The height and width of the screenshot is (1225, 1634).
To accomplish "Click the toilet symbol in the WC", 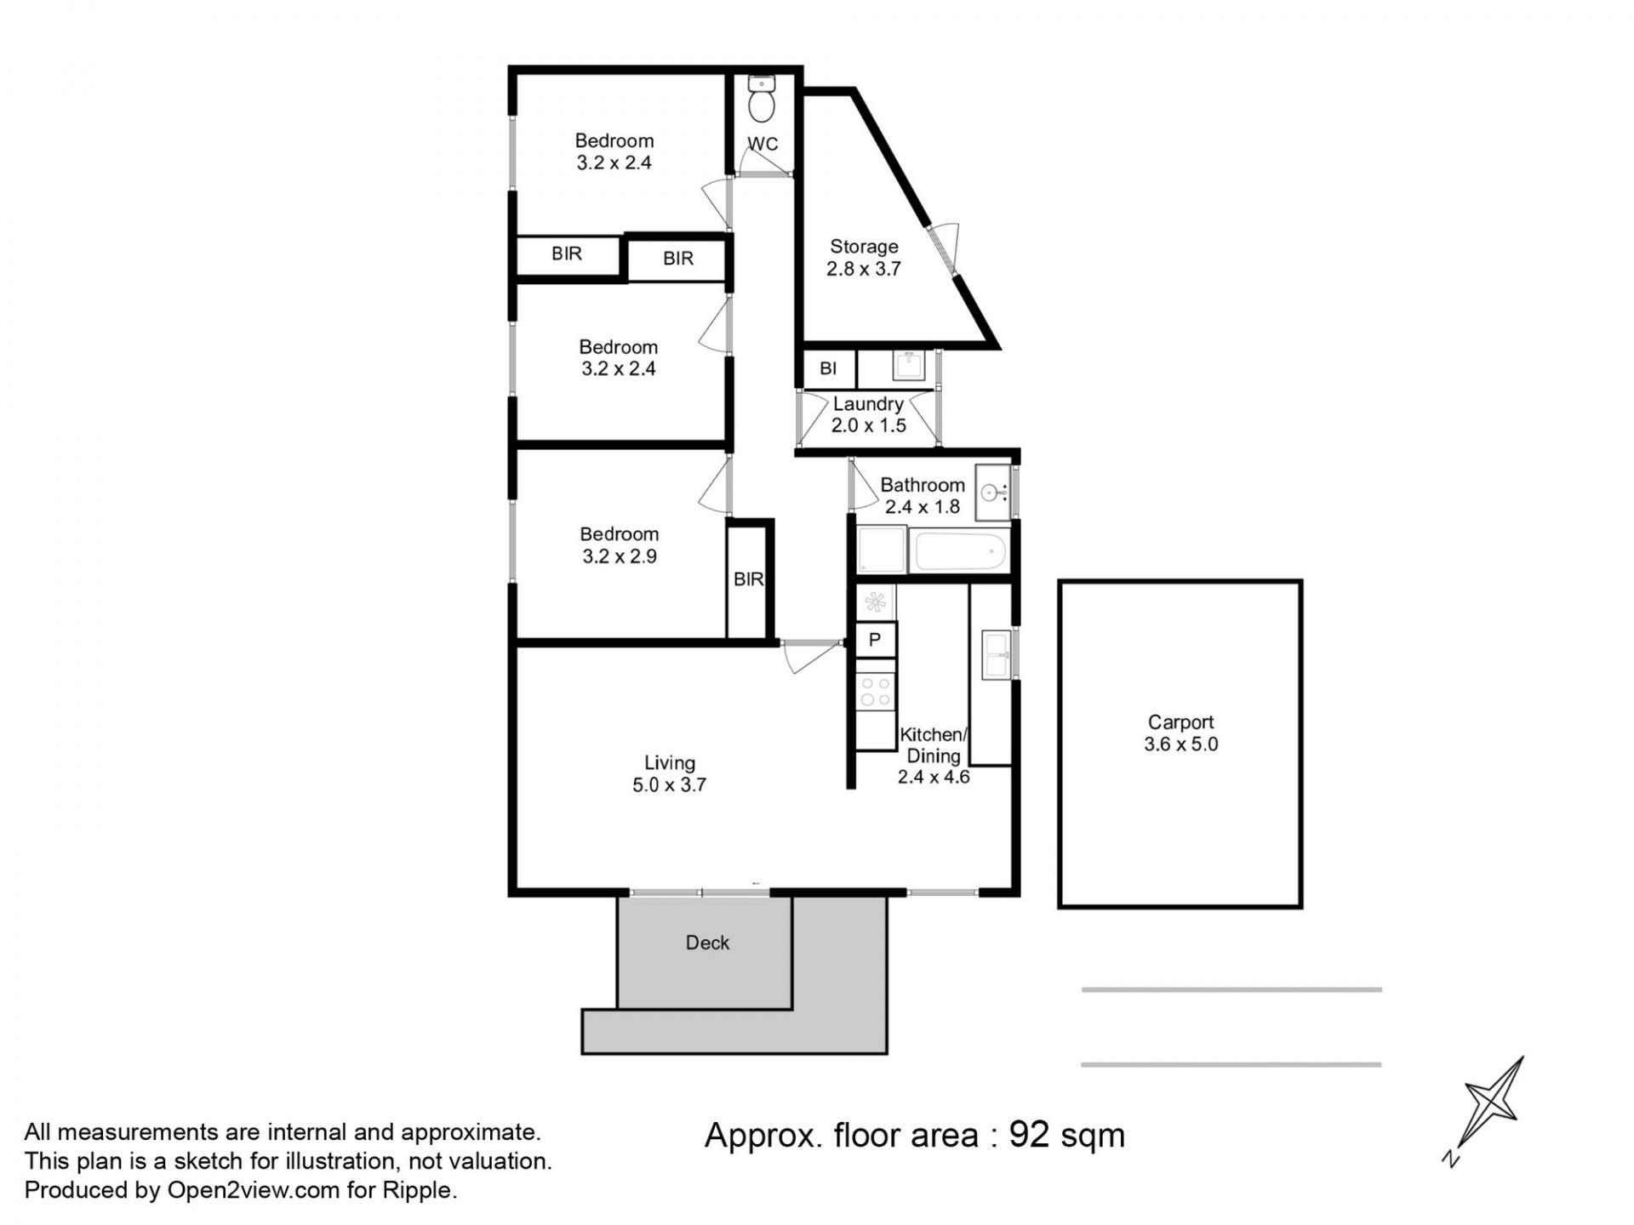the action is [x=761, y=99].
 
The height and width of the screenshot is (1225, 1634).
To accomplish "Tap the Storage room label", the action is [x=864, y=258].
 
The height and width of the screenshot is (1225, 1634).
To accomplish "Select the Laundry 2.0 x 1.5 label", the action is [x=868, y=414].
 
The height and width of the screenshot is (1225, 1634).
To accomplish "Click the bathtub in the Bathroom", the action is [x=959, y=550].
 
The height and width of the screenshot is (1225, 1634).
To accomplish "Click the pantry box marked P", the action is [x=875, y=640].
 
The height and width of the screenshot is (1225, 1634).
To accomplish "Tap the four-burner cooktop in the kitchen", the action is [x=875, y=690].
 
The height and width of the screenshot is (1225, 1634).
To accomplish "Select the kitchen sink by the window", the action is [x=996, y=654].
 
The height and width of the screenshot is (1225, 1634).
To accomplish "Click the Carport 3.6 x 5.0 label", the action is [x=1180, y=733].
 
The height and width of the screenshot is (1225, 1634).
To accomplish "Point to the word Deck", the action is [x=707, y=943].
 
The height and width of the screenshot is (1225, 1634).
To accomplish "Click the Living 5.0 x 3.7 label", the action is [x=669, y=774].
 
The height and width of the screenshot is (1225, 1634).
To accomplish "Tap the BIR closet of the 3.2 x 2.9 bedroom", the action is [x=749, y=579].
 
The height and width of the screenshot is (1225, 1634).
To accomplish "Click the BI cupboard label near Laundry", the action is [x=827, y=368].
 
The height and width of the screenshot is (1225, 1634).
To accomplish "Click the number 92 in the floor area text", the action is [x=1029, y=1135].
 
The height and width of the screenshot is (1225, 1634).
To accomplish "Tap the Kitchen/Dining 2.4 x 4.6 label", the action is [x=934, y=755].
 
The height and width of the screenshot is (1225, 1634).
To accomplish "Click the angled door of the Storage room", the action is [x=945, y=251].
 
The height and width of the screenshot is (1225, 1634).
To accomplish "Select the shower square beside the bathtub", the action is [x=882, y=550].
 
